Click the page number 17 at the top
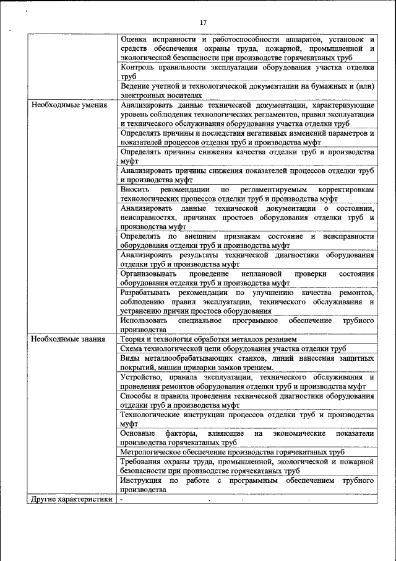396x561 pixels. click(203, 23)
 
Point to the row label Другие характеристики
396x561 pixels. click(71, 499)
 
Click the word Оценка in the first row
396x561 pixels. click(135, 39)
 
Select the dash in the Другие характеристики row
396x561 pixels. click(123, 499)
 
